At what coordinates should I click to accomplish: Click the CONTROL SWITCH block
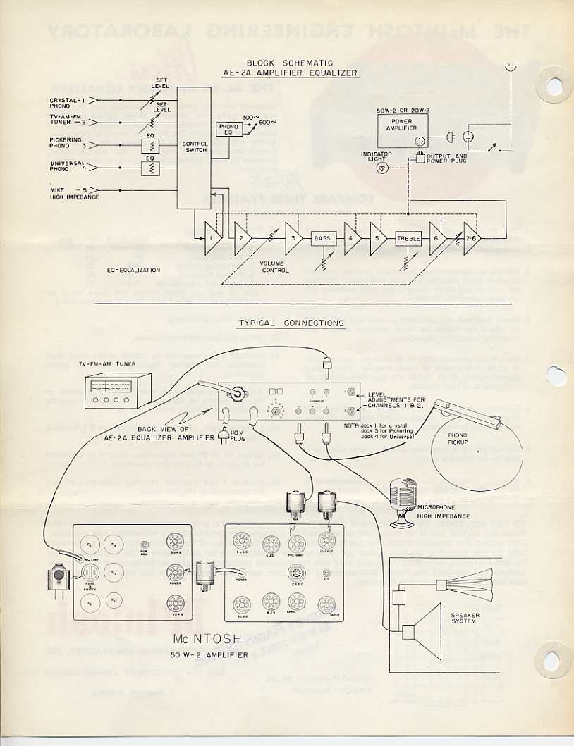(195, 147)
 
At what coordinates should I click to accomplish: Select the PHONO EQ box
(228, 129)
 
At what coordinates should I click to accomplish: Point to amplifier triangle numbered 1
(210, 239)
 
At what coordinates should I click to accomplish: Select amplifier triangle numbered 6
(436, 239)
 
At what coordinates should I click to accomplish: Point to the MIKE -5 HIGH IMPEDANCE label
(73, 193)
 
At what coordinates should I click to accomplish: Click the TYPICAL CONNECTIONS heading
(291, 323)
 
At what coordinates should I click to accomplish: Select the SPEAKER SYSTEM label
(465, 618)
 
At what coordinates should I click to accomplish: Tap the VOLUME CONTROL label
(275, 266)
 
